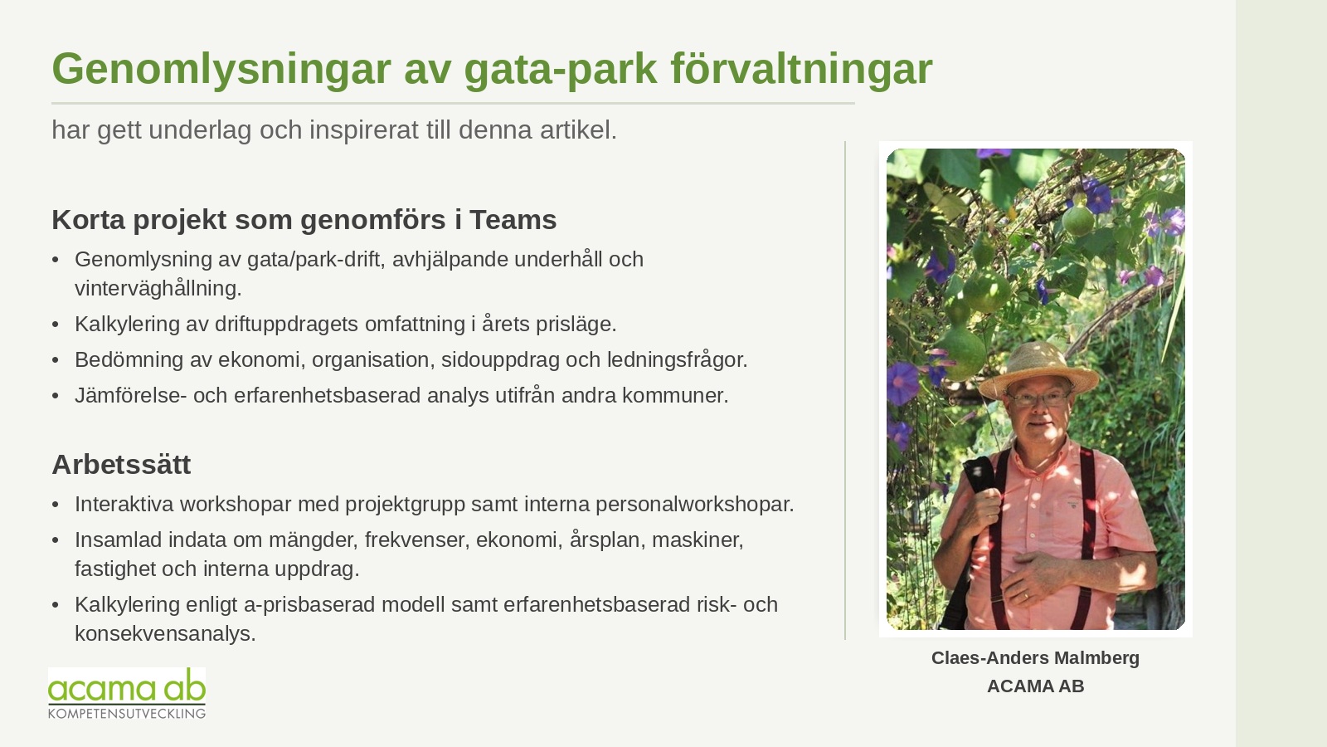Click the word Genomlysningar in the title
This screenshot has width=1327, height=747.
[221, 70]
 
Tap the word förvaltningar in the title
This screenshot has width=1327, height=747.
[801, 69]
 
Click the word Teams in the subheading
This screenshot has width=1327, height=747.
[513, 219]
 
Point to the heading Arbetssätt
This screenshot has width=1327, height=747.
[121, 464]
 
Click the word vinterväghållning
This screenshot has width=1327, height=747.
[158, 288]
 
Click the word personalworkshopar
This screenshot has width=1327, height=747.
[695, 505]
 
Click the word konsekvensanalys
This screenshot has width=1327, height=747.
[165, 634]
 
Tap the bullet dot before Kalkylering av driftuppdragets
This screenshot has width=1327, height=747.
[56, 325]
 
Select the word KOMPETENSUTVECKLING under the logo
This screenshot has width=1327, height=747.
[127, 713]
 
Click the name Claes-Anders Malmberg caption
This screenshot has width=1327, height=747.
[1036, 658]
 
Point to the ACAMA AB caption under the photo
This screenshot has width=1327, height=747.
[1036, 686]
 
